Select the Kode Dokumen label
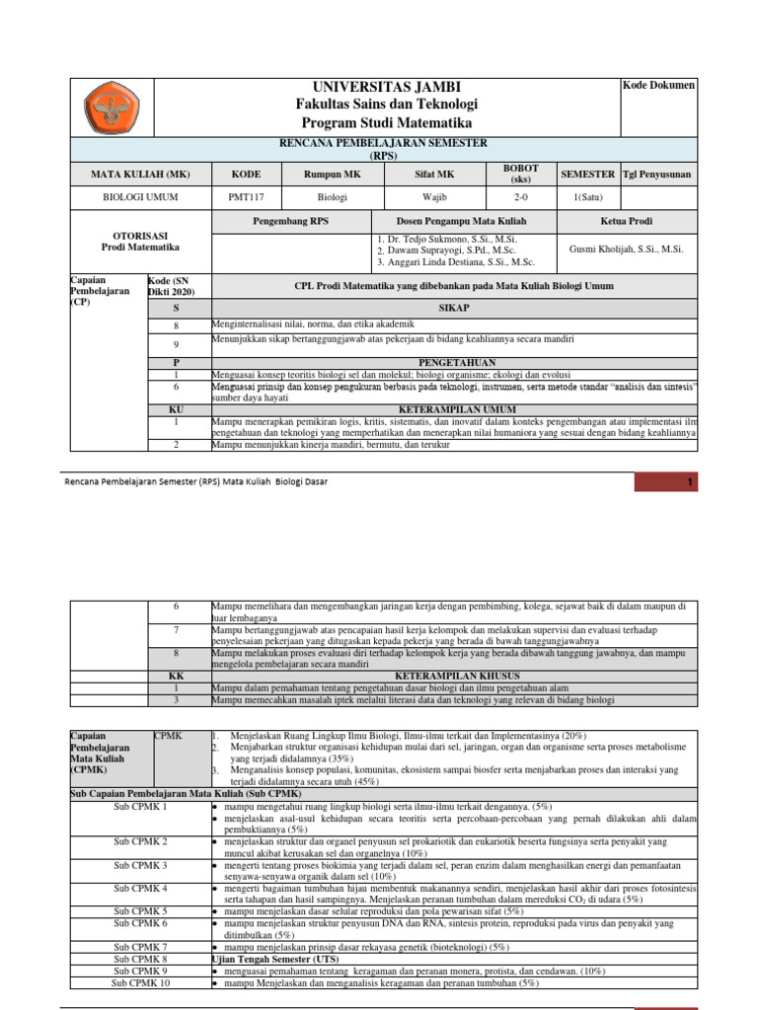(x=658, y=86)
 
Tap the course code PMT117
(x=246, y=196)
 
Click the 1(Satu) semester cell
(x=587, y=196)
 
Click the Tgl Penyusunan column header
(x=657, y=174)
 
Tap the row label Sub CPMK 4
(x=139, y=888)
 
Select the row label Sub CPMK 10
(x=139, y=983)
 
